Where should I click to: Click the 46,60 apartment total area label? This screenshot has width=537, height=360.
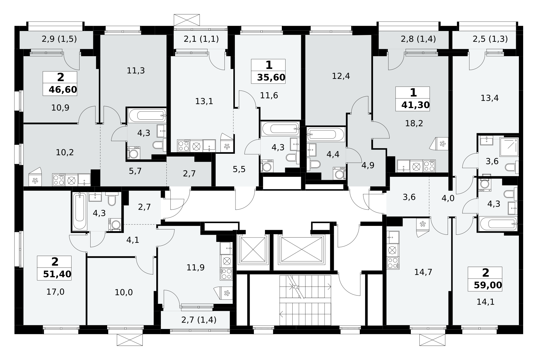[x=63, y=90]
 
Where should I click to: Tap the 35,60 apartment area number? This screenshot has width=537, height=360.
[x=271, y=77]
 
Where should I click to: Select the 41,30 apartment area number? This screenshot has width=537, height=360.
[x=415, y=105]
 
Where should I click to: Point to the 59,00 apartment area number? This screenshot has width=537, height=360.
[x=488, y=285]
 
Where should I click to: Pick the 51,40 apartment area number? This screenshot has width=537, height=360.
[x=57, y=274]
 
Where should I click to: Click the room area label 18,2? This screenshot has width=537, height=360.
[x=414, y=123]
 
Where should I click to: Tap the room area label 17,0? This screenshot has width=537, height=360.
[x=55, y=292]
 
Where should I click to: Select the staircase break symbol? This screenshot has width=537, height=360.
[x=296, y=287]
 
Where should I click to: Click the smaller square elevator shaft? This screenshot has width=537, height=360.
[x=252, y=250]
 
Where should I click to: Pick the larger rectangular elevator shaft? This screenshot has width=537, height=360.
[x=301, y=250]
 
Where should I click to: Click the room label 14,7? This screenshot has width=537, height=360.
[x=423, y=272]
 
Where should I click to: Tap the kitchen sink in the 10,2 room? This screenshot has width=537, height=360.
[x=84, y=180]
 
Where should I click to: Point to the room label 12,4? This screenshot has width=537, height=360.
[x=341, y=76]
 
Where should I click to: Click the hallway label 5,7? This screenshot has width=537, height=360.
[x=135, y=171]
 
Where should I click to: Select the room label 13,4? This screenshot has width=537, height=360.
[x=489, y=98]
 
